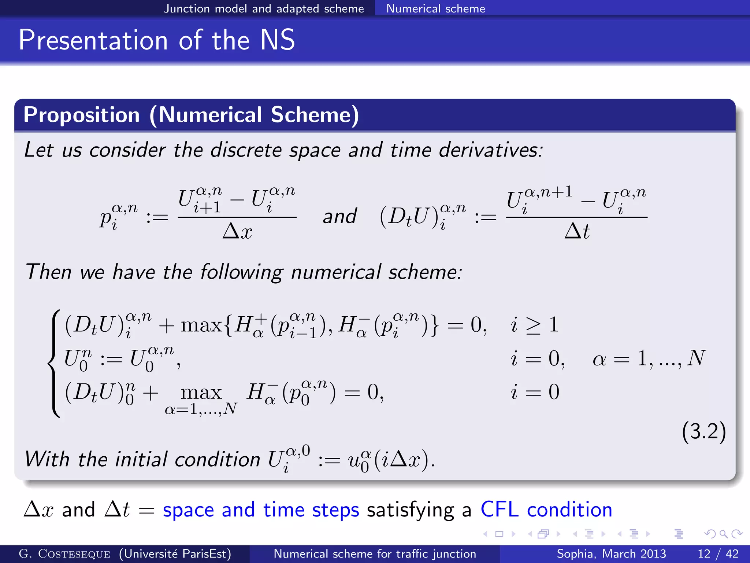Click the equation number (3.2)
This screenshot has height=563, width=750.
(x=703, y=431)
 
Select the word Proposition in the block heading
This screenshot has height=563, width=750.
(x=82, y=115)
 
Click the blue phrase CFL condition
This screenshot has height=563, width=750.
(x=546, y=509)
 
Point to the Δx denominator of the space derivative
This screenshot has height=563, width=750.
(x=237, y=232)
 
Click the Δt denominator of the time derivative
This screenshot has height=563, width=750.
(x=577, y=232)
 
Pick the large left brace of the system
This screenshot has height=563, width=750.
(x=54, y=363)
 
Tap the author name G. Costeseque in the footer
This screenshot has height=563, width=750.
(x=64, y=554)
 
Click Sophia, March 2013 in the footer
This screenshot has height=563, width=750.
(x=611, y=553)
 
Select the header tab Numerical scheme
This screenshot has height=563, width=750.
(x=435, y=8)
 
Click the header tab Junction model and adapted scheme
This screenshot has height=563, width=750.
(x=264, y=8)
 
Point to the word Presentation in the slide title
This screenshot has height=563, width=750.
(x=93, y=40)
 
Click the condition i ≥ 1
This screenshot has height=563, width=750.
(x=534, y=325)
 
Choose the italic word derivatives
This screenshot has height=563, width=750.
(x=491, y=150)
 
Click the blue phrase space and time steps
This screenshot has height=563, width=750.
(x=261, y=509)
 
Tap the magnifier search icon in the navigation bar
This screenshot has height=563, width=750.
(x=723, y=534)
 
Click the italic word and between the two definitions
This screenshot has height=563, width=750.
(x=339, y=216)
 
